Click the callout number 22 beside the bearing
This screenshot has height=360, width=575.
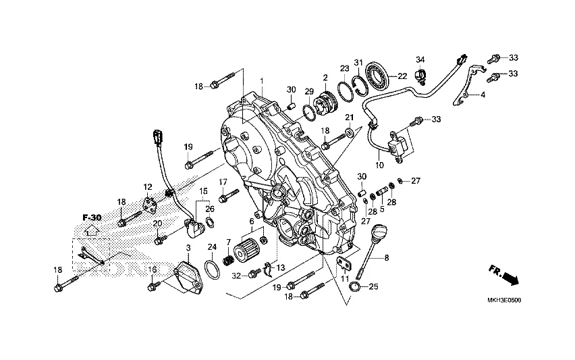402,76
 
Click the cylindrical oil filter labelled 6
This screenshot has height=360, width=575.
242,249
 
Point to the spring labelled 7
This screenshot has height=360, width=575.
228,261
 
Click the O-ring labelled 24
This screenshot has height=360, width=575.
213,270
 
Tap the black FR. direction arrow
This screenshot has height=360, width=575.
511,278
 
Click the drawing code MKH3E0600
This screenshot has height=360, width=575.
504,300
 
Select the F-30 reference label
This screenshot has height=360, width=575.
92,217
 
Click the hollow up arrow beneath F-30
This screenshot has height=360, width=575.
92,230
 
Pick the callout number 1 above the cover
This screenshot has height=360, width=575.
262,80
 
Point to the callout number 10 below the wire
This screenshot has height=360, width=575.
379,165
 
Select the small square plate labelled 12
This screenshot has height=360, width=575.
148,204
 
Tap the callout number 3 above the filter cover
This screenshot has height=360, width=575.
188,248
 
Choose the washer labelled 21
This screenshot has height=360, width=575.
350,131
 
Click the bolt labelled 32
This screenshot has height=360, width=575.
255,274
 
